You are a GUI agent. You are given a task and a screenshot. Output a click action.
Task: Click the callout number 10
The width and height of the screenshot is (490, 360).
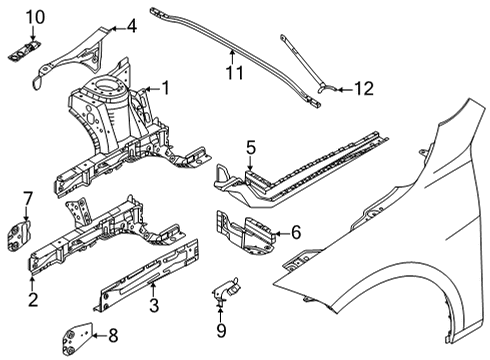[35, 17]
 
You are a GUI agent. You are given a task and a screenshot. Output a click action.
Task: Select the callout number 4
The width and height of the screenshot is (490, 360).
[132, 26]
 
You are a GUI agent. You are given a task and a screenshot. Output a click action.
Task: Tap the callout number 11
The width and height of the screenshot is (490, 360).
[235, 72]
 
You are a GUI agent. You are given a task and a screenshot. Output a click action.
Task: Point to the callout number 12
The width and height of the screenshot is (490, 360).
[364, 89]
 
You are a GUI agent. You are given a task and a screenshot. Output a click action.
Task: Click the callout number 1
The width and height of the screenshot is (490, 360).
[165, 88]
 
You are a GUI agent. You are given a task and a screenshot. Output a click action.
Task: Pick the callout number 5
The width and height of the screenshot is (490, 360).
[251, 148]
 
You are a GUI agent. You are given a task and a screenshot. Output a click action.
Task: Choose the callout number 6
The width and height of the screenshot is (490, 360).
[296, 232]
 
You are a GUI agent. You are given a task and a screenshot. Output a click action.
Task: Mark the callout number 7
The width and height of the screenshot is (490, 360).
[27, 199]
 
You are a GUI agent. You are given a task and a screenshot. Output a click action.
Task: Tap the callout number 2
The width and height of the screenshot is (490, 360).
[33, 299]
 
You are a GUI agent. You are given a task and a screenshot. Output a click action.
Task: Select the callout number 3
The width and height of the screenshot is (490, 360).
[154, 305]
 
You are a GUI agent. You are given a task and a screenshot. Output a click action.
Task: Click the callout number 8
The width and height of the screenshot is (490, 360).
[113, 335]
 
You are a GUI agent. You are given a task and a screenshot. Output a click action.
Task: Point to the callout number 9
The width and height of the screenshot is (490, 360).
[221, 330]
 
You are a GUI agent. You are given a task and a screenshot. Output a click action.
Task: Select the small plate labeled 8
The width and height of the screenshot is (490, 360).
[77, 338]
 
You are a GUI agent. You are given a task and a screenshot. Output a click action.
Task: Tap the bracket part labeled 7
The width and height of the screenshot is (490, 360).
[19, 234]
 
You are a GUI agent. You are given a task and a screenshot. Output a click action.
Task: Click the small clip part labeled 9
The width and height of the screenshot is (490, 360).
[226, 290]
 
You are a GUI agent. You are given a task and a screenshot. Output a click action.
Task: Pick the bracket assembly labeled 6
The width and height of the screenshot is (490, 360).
[246, 231]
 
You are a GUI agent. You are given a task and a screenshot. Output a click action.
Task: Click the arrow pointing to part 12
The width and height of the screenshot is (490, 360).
[345, 89]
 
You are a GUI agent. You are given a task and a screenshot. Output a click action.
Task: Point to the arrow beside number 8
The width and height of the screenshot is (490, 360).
[99, 335]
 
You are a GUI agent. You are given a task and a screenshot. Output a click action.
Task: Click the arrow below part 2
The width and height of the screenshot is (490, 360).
[32, 284]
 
